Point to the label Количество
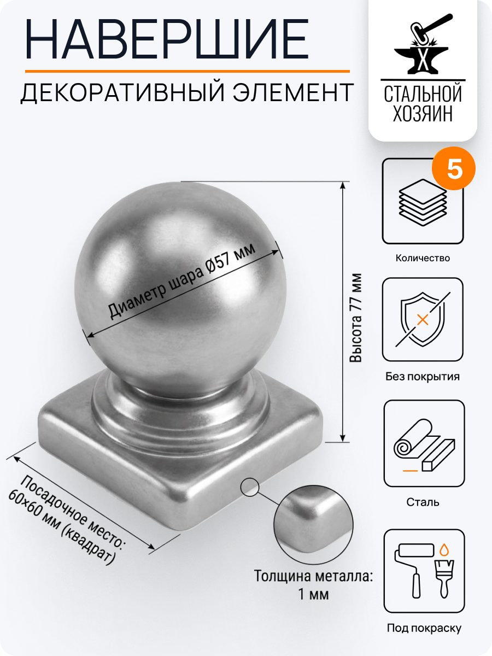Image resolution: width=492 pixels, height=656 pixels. (423, 258)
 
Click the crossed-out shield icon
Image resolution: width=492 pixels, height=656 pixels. (423, 319)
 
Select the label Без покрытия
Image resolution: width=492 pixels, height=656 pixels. (423, 377)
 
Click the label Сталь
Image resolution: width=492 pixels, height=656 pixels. (423, 502)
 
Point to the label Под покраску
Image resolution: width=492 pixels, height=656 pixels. (424, 628)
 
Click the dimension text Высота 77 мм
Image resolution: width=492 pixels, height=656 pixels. (356, 317)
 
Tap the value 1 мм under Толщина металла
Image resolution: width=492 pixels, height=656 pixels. (314, 594)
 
